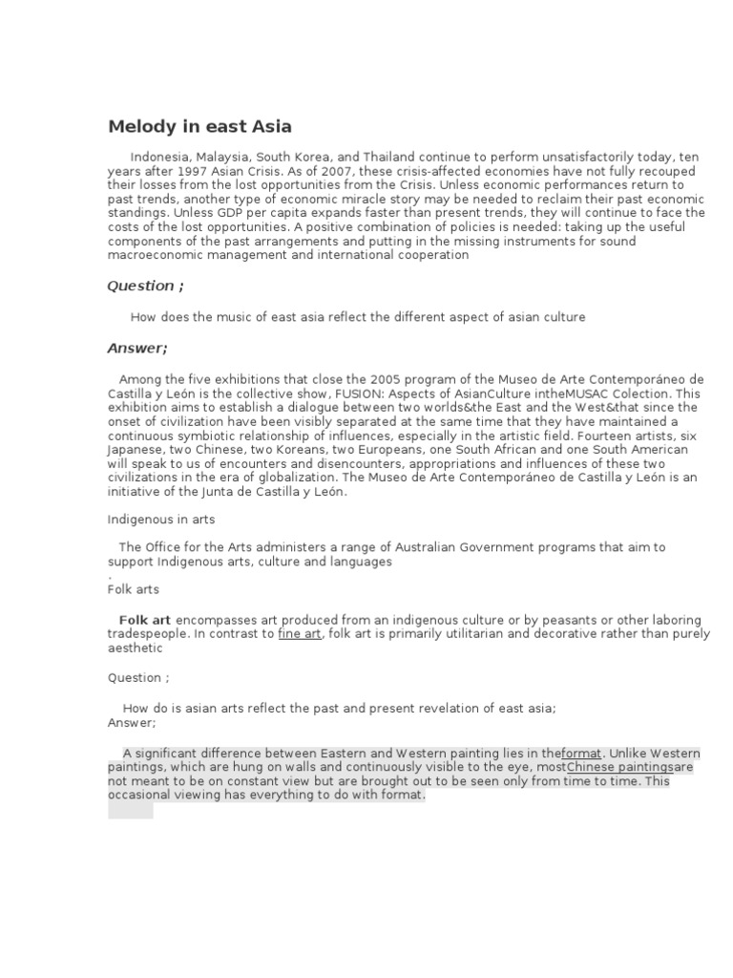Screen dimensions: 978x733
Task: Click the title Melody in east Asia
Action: [199, 126]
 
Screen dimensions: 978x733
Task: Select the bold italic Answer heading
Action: [136, 348]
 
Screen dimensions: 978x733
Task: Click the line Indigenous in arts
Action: [160, 520]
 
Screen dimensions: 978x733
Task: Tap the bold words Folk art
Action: [144, 620]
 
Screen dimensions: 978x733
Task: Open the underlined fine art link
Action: [299, 634]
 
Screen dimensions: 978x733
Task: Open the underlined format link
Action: [581, 753]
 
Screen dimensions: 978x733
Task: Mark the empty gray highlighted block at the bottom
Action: [130, 810]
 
